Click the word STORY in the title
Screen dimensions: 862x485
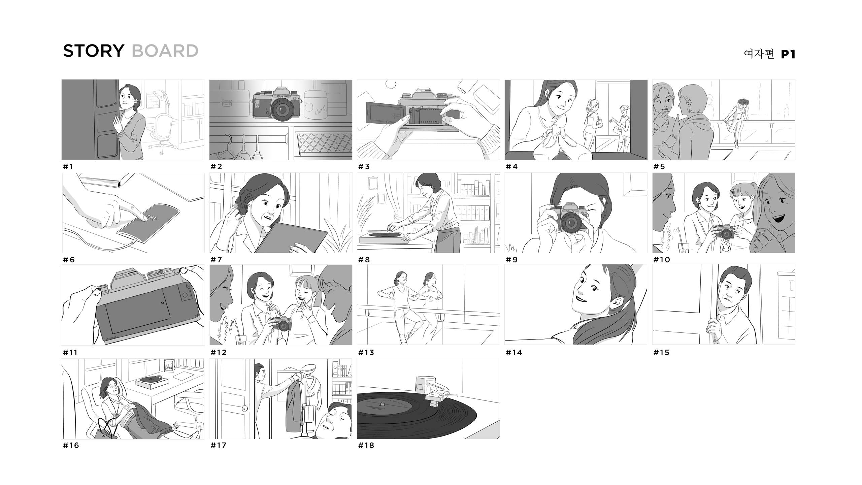tap(94, 51)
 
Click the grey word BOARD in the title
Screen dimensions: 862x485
tap(165, 51)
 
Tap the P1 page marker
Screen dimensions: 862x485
tap(788, 54)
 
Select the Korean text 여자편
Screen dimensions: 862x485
tap(759, 54)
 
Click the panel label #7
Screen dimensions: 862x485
tap(216, 259)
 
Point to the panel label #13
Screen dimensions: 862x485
tap(366, 352)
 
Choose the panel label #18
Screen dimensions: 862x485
tap(366, 445)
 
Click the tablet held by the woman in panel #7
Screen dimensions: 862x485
tap(291, 237)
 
